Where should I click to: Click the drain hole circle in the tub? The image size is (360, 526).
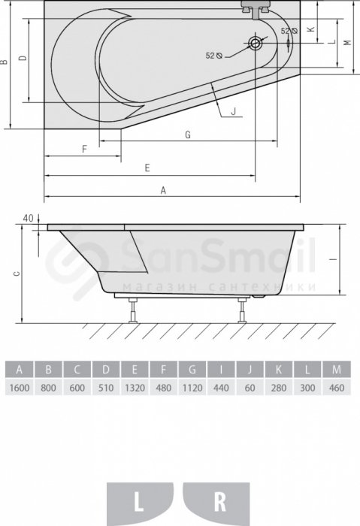(x=255, y=43)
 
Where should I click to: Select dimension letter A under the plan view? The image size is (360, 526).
(x=163, y=191)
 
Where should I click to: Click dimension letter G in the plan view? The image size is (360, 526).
(x=188, y=135)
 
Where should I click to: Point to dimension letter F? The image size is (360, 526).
(x=84, y=149)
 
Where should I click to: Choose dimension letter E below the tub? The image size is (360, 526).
(x=147, y=168)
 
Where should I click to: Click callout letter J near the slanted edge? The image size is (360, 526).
(x=234, y=111)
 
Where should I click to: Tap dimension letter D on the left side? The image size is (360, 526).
(x=23, y=58)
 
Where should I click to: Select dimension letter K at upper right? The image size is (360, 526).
(x=311, y=29)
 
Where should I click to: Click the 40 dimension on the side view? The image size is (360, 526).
(x=28, y=219)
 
